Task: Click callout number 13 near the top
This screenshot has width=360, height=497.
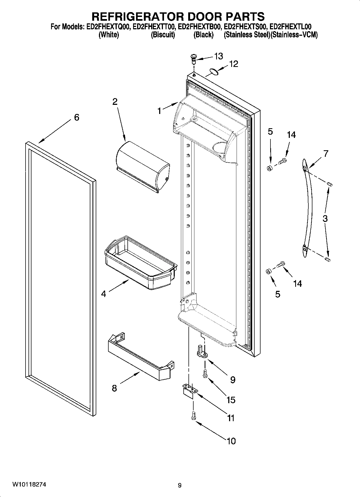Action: click(x=218, y=56)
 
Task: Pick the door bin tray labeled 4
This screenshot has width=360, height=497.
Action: click(x=140, y=263)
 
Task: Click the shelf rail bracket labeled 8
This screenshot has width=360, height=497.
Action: click(x=140, y=353)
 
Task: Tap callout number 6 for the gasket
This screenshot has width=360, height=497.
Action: click(x=77, y=117)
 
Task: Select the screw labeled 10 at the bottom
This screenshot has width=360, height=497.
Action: click(x=193, y=416)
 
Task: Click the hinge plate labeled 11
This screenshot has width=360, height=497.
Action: click(x=190, y=389)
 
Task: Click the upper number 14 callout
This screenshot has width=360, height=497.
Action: click(x=291, y=135)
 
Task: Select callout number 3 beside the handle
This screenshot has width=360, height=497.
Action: click(x=325, y=218)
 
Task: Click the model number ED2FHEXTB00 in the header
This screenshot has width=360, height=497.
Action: click(x=200, y=27)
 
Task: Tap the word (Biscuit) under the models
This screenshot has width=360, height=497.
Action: click(x=163, y=35)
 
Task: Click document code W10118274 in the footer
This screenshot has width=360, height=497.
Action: click(x=29, y=485)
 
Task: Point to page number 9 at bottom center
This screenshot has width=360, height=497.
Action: click(x=180, y=485)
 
